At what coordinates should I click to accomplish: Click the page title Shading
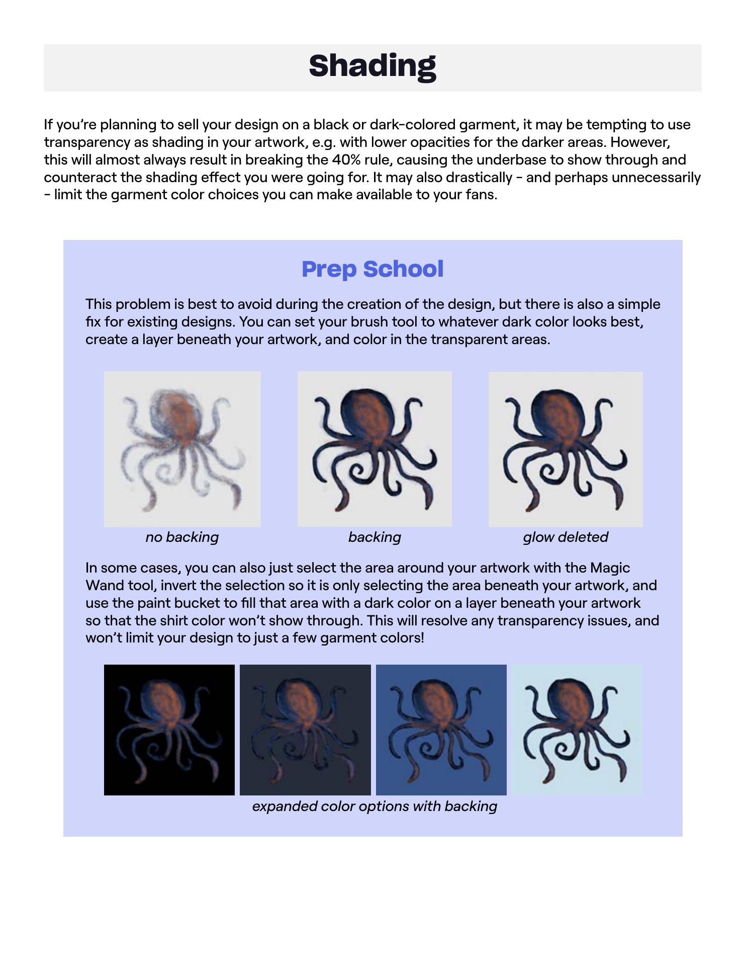[x=372, y=66]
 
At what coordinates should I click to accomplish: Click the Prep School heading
[x=372, y=269]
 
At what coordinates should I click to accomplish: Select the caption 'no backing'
[x=182, y=537]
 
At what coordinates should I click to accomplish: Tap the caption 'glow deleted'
[x=566, y=537]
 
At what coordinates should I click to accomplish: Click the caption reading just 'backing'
[x=375, y=537]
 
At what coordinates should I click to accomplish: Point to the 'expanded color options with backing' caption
[x=375, y=807]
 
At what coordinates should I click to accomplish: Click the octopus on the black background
[x=169, y=730]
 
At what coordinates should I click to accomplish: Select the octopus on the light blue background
[x=577, y=730]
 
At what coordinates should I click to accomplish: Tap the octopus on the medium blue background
[x=441, y=730]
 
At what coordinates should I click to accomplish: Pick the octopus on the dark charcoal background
[x=305, y=730]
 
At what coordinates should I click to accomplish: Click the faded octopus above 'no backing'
[x=182, y=449]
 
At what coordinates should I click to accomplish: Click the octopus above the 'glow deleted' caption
[x=566, y=449]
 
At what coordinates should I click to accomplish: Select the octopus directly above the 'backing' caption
[x=375, y=449]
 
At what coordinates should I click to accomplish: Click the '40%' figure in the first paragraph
[x=345, y=160]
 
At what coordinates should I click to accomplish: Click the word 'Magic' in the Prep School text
[x=610, y=568]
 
